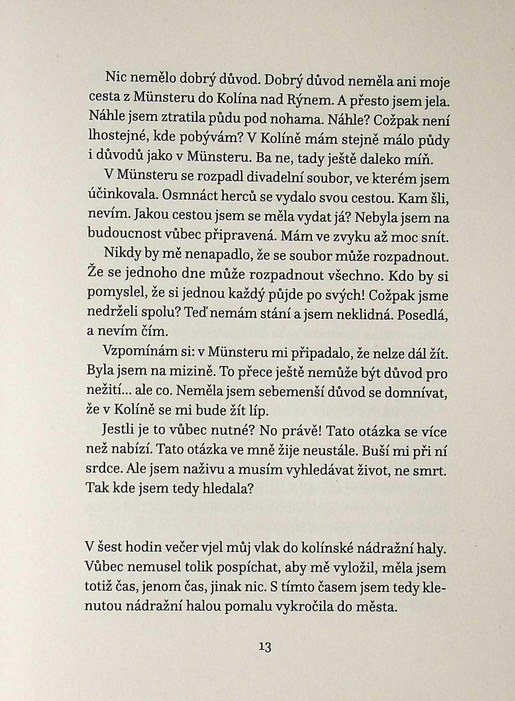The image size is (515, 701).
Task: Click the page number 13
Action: coord(265,647)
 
